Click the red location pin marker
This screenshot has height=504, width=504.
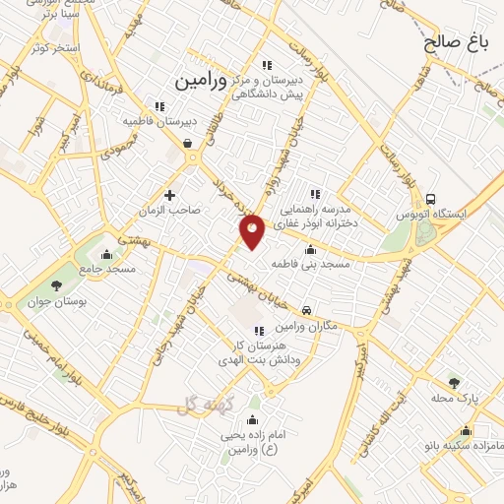pos(252,231)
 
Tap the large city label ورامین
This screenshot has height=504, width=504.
pos(200,82)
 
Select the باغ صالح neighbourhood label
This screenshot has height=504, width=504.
pos(459,42)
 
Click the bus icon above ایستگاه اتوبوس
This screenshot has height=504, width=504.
pos(435,196)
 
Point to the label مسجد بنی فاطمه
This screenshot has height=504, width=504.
pos(315,265)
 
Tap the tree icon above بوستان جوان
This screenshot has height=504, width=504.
pos(54,286)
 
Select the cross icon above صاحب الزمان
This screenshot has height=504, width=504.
pos(169,195)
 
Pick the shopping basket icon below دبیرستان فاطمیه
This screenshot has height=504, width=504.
pos(187,143)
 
